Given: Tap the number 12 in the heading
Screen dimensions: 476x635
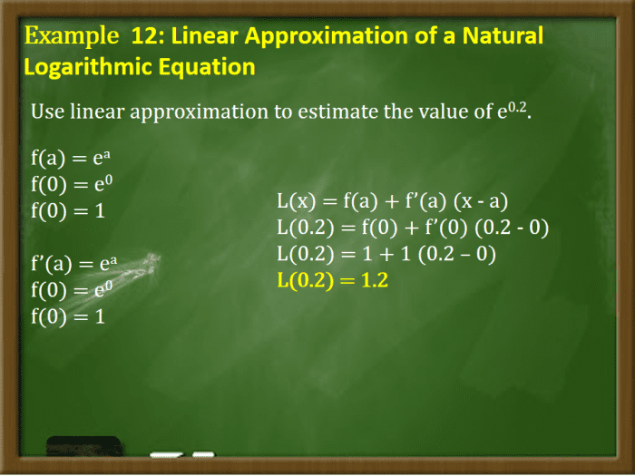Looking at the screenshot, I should (x=144, y=37).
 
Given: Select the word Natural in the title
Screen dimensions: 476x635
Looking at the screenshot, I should (x=502, y=37).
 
